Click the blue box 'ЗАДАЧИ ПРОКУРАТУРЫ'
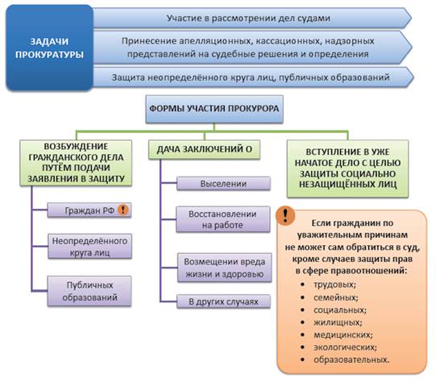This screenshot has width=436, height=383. (49, 48)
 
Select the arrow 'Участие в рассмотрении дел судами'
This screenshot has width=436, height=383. (251, 18)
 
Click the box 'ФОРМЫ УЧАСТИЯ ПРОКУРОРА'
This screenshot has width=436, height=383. (214, 109)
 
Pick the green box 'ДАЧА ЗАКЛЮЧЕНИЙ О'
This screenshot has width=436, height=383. (205, 149)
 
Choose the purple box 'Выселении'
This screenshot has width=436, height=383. (223, 184)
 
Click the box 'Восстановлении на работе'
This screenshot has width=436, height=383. (223, 219)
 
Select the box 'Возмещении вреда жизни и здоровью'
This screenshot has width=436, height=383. (224, 268)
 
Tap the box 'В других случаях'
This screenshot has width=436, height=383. (223, 302)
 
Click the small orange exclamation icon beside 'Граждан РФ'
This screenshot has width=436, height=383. (123, 210)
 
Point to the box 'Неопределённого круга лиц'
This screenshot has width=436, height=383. (89, 247)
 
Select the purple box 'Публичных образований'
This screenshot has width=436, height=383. (89, 291)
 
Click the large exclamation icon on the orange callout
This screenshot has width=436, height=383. (285, 215)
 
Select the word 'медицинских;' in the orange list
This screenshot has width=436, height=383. (343, 335)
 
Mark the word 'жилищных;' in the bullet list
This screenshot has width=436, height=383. (338, 323)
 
